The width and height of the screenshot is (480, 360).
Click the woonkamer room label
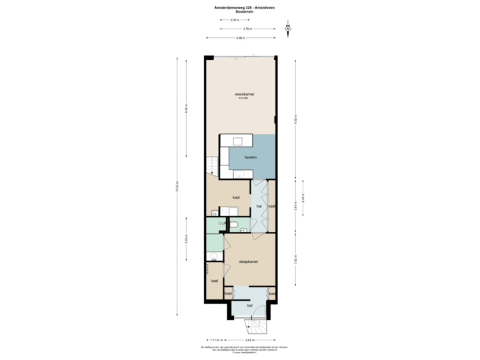241,94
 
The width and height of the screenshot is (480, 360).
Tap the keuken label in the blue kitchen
251,157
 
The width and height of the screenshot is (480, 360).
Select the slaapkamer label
247,263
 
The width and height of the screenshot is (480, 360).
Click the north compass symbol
287,29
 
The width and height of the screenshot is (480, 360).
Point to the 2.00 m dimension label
233,21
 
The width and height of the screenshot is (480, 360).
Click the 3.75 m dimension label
247,29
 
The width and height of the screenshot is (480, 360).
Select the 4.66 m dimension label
240,37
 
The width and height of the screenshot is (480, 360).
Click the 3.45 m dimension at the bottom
248,340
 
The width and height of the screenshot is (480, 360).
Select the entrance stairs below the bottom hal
256,325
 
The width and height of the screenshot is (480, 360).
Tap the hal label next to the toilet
259,207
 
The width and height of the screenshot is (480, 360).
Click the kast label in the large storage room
236,198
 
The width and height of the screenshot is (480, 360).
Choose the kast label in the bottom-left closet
215,281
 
